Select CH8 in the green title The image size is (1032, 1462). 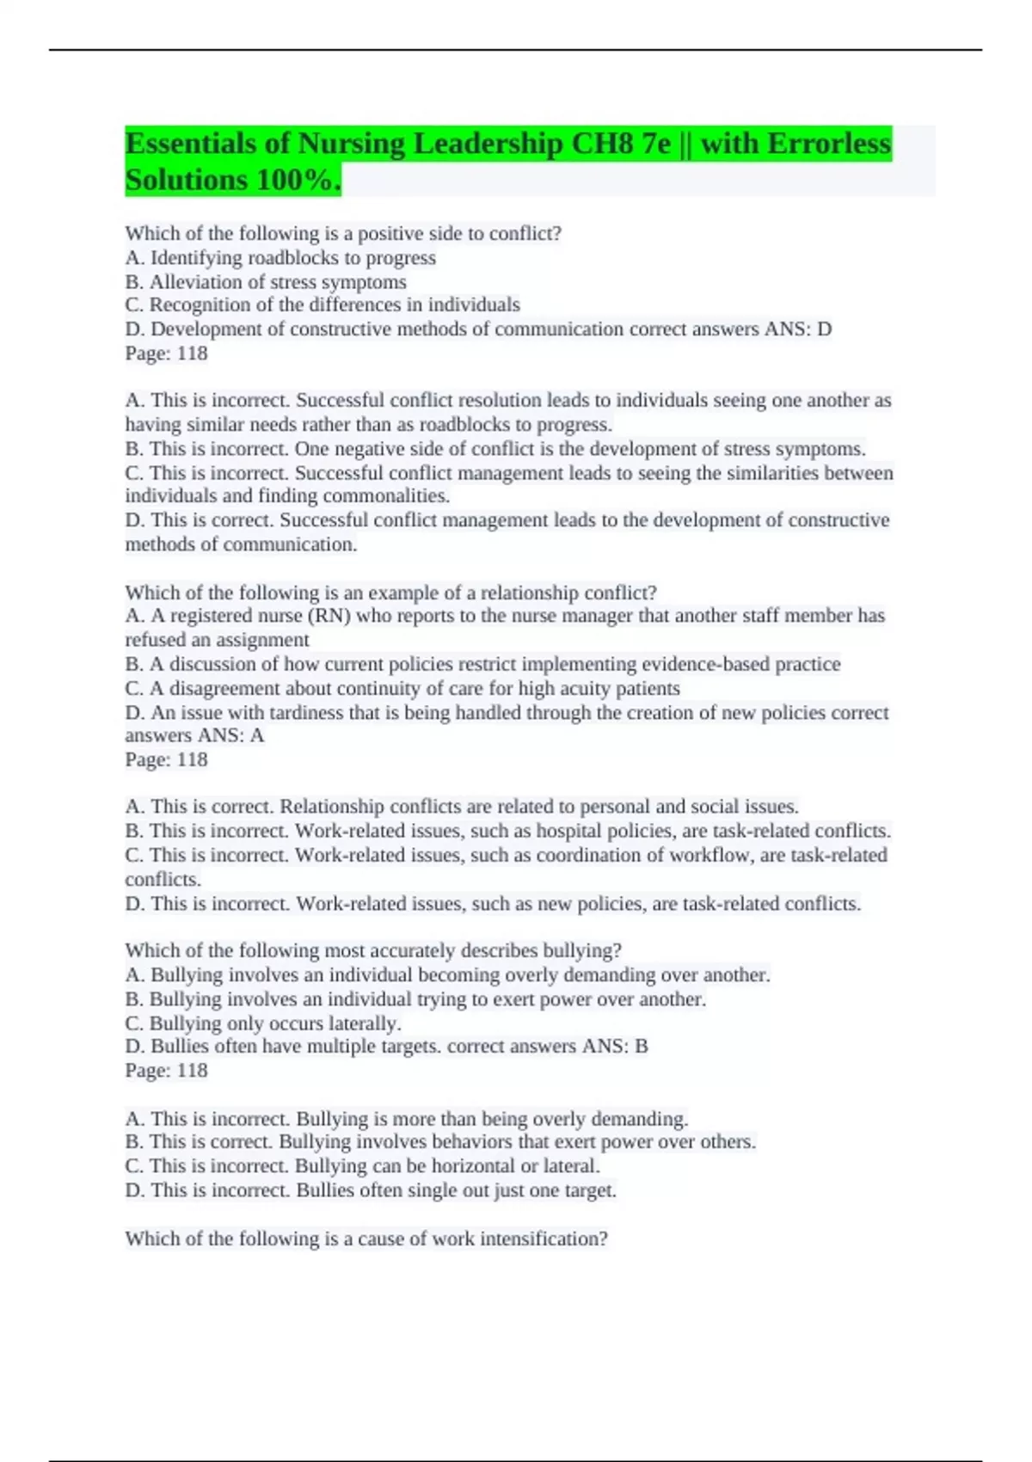(x=603, y=143)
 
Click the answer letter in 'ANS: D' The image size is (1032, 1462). (x=824, y=329)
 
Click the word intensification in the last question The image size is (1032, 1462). (x=544, y=1239)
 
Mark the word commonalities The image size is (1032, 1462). (x=397, y=496)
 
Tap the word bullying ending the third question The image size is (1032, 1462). (x=582, y=951)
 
